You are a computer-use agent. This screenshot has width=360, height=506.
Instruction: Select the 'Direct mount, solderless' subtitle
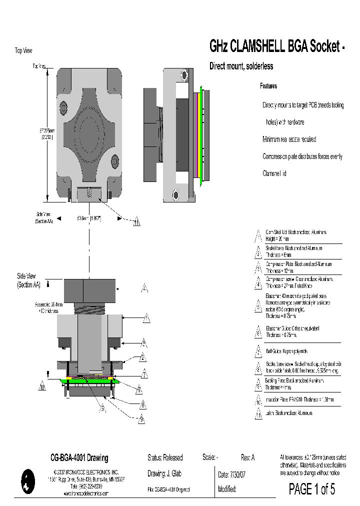[240, 66]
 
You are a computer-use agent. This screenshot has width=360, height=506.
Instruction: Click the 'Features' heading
[268, 86]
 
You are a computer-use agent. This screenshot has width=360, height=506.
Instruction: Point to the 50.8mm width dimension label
[89, 218]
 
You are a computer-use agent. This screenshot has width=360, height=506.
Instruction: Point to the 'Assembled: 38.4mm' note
[48, 307]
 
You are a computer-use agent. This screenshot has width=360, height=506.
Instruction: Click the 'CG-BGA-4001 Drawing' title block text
[79, 458]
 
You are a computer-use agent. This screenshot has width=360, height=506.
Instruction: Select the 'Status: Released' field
[165, 457]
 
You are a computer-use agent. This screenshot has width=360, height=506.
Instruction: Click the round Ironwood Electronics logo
[27, 482]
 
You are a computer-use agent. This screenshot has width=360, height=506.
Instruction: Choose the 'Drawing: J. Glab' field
[165, 474]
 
